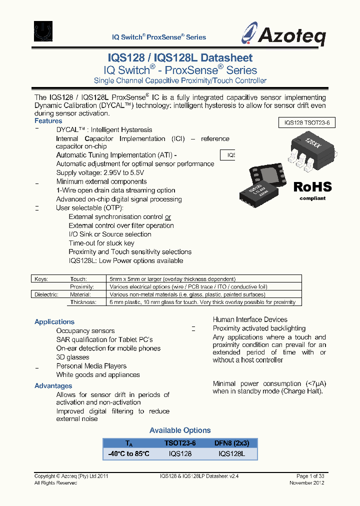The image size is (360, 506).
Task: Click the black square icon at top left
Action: click(45, 31)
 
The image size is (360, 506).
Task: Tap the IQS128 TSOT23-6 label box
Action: click(306, 122)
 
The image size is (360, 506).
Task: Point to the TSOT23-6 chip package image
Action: click(305, 150)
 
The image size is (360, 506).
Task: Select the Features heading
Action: click(48, 121)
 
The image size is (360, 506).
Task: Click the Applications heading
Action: click(54, 322)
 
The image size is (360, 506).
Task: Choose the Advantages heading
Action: click(53, 386)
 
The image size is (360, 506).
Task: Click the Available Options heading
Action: click(180, 430)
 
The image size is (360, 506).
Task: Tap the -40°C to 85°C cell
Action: click(128, 453)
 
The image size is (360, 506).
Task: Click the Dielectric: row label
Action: click(46, 294)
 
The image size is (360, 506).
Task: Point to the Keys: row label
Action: click(40, 279)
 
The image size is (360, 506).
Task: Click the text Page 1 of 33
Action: click(310, 476)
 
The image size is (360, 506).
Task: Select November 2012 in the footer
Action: click(307, 483)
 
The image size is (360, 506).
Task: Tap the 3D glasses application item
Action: click(72, 357)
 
